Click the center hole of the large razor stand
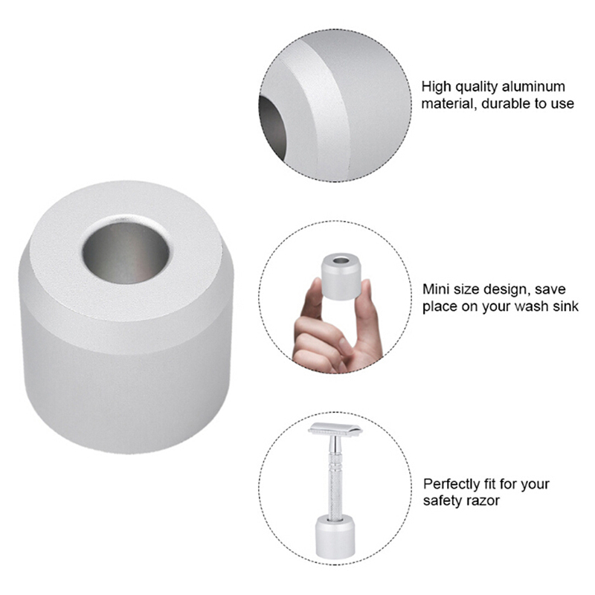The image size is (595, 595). click(x=126, y=252)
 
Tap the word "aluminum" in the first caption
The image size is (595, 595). click(x=533, y=86)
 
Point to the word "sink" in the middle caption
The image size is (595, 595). click(x=565, y=306)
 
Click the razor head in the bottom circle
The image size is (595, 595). click(x=335, y=429)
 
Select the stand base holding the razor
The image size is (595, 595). click(x=335, y=537)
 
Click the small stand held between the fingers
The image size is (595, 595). click(x=341, y=276)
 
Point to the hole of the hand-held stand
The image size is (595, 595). click(x=341, y=261)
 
